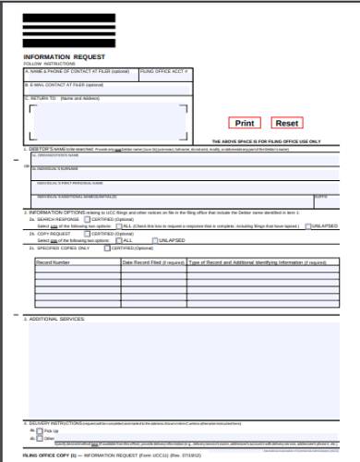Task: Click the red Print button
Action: tap(245, 123)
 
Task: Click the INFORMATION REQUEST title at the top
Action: tap(58, 56)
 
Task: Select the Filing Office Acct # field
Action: tap(165, 78)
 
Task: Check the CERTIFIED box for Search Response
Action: tap(85, 219)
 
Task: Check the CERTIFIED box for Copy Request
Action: tap(85, 235)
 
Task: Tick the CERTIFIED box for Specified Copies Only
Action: tap(107, 248)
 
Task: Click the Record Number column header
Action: tap(54, 262)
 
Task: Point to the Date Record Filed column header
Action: tap(152, 262)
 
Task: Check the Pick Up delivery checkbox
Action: tap(39, 431)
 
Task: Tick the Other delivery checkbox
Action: tap(39, 438)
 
